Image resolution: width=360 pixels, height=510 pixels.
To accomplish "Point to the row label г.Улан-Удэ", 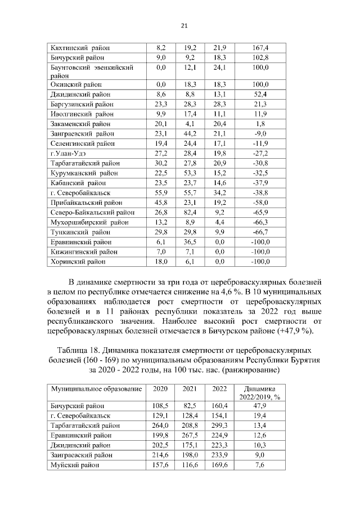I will pyautogui.click(x=67, y=154).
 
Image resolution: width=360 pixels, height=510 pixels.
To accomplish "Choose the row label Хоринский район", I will pyautogui.click(x=75, y=262).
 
